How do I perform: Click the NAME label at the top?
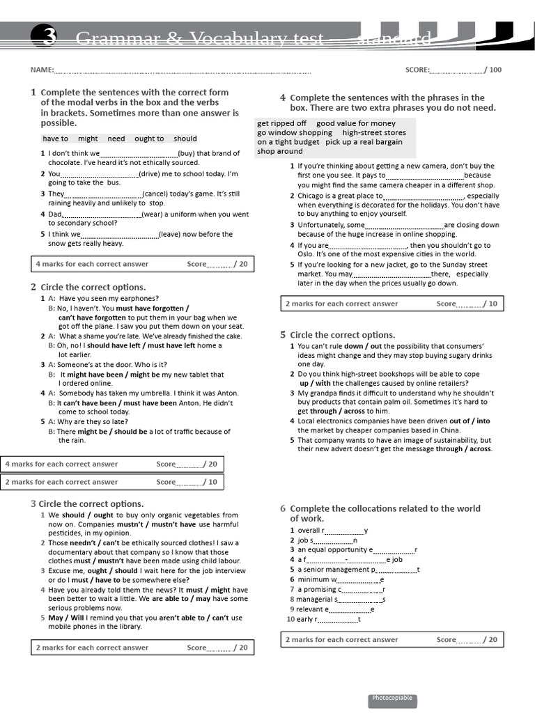41,70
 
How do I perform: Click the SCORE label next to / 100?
417,70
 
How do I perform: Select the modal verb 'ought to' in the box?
149,139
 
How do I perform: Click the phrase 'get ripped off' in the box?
281,123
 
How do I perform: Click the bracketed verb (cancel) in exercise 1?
158,194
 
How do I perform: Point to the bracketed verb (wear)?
157,214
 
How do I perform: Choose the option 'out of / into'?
470,421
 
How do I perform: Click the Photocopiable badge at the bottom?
392,698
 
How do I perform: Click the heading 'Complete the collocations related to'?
385,508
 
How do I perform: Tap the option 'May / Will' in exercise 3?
66,618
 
